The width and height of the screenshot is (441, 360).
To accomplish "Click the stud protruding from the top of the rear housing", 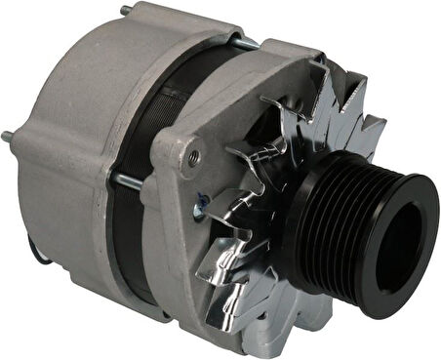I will tap(124, 11).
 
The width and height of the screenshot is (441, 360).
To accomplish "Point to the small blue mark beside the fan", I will tap(200, 203).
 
